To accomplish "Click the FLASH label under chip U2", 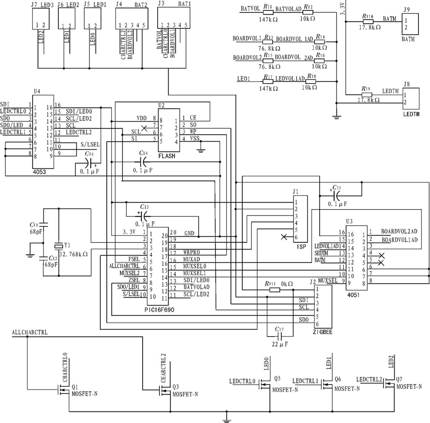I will [166, 156].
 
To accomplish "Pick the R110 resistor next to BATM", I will [368, 21].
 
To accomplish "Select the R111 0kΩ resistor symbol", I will [274, 290].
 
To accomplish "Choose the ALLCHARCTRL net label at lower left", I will [30, 333].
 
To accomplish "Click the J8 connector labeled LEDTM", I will [410, 99].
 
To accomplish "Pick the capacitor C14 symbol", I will [144, 161].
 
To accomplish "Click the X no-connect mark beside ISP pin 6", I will [283, 237].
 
